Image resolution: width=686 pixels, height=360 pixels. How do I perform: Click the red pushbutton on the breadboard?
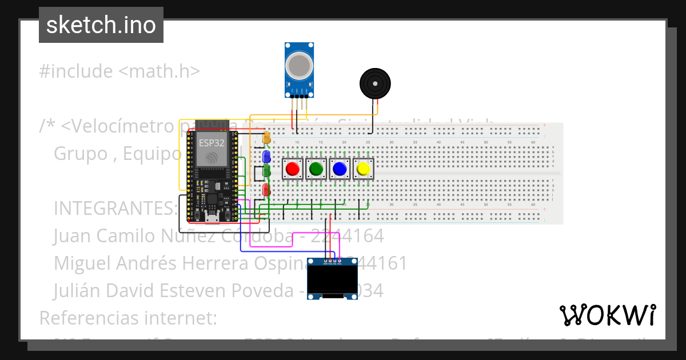pos(292,169)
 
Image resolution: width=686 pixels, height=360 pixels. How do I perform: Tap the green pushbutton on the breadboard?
pos(316,169)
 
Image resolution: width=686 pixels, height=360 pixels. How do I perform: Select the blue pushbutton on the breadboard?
pos(339,169)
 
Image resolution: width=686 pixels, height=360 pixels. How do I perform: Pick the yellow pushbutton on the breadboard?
pos(362,169)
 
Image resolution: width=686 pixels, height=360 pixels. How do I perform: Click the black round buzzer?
pos(375,83)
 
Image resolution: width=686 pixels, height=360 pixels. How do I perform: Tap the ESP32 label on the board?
pos(212,142)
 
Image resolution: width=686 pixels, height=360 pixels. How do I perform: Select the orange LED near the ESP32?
pos(266,138)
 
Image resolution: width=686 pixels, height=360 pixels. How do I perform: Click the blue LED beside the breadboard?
pos(266,156)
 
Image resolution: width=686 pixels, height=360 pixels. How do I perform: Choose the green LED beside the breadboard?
pos(266,171)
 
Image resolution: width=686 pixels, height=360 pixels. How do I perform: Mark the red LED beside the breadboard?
pos(266,190)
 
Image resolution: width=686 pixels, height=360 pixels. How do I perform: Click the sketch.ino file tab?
pos(101,25)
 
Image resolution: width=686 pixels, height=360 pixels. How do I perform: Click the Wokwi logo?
pos(607,315)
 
